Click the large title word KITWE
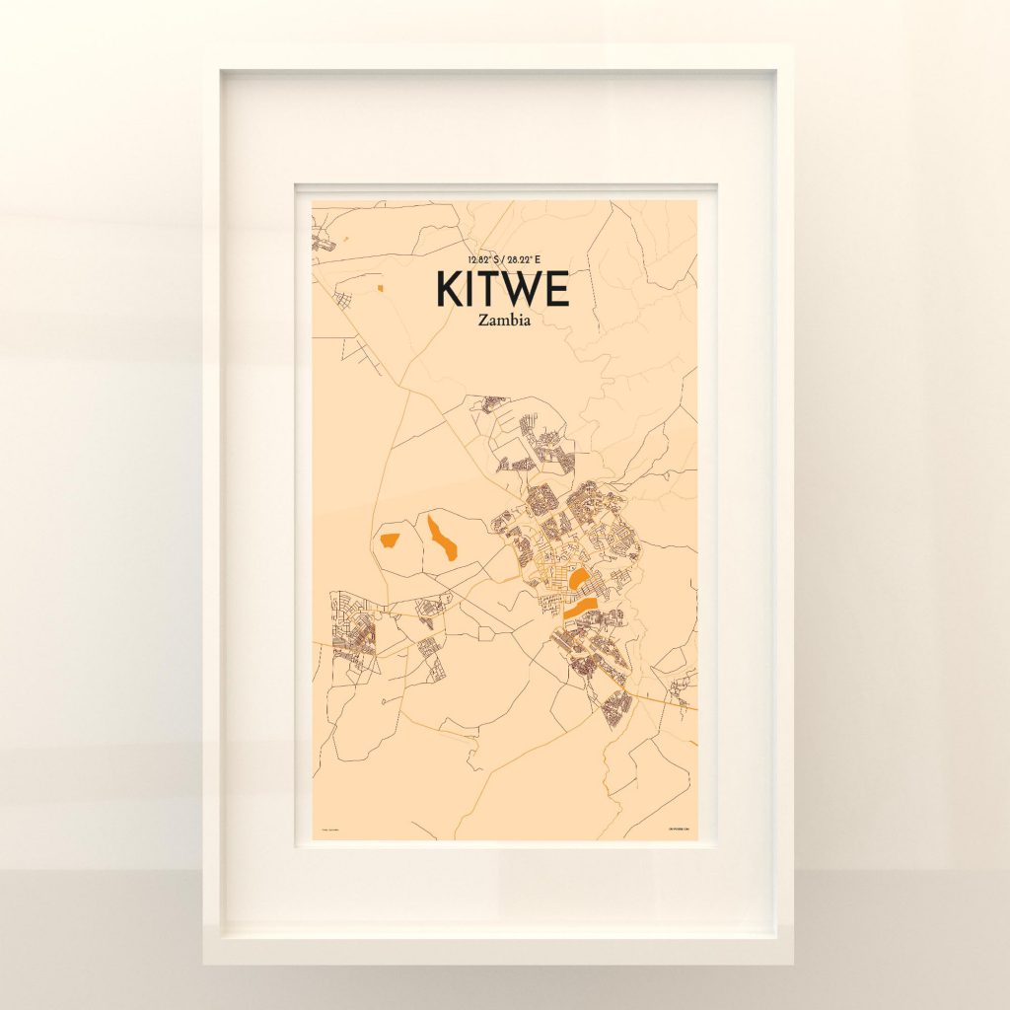(503, 289)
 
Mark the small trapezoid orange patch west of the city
(390, 539)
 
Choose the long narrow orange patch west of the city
(442, 537)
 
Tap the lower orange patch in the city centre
(581, 607)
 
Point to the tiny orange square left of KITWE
(379, 288)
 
